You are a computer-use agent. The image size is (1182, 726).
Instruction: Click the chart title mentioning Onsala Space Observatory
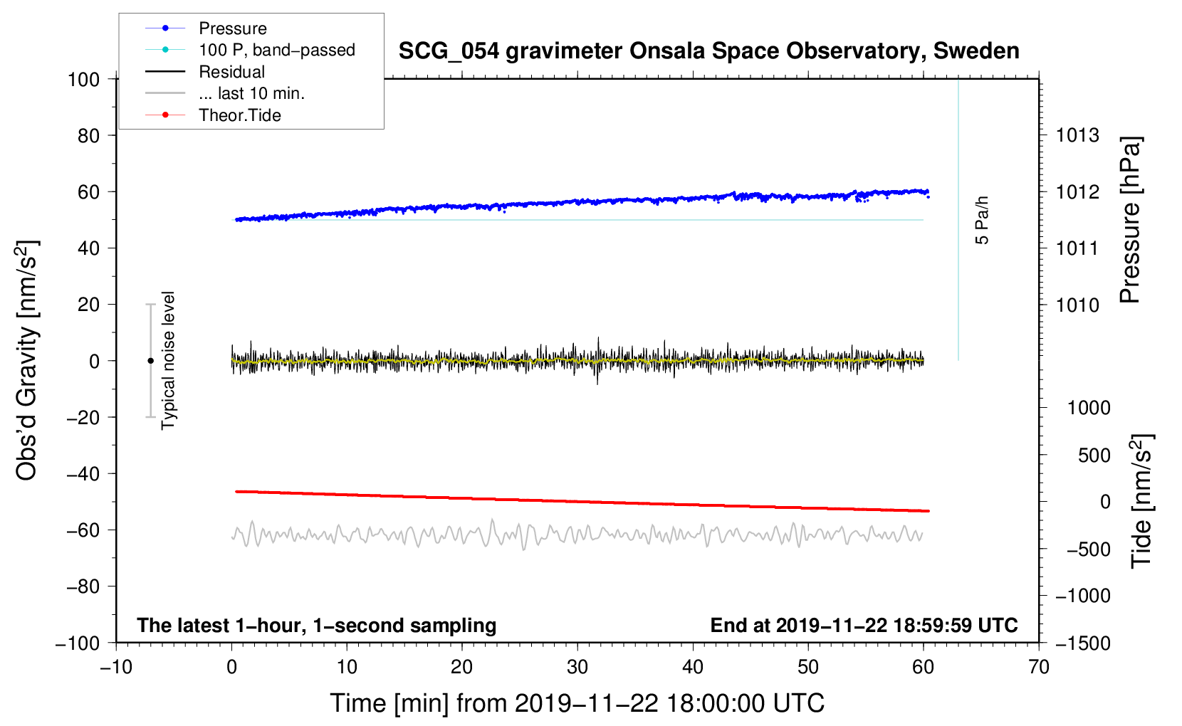pyautogui.click(x=708, y=51)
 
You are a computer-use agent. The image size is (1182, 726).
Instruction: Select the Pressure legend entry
pyautogui.click(x=232, y=28)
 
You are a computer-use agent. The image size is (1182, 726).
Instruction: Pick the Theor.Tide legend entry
pyautogui.click(x=239, y=115)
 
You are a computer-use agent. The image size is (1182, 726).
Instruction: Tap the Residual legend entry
pyautogui.click(x=231, y=72)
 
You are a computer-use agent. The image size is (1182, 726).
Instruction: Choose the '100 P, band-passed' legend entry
pyautogui.click(x=276, y=50)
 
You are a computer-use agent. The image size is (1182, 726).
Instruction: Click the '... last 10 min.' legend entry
pyautogui.click(x=251, y=93)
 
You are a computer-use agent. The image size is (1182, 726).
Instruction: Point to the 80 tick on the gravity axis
pyautogui.click(x=88, y=135)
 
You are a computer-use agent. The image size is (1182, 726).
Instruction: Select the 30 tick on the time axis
pyautogui.click(x=577, y=667)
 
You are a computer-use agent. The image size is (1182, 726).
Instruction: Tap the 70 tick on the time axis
pyautogui.click(x=1039, y=667)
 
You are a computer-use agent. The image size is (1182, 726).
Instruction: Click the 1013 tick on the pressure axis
pyautogui.click(x=1077, y=135)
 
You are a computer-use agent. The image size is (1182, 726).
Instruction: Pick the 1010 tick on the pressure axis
pyautogui.click(x=1077, y=305)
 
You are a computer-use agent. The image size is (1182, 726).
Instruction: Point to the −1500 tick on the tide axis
pyautogui.click(x=1082, y=643)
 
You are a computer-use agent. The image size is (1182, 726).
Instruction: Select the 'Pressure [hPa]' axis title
pyautogui.click(x=1130, y=221)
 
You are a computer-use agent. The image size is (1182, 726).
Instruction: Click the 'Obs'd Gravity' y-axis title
pyautogui.click(x=27, y=361)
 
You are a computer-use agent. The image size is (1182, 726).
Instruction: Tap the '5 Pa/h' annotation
pyautogui.click(x=982, y=220)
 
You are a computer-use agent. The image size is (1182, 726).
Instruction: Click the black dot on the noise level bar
pyautogui.click(x=150, y=361)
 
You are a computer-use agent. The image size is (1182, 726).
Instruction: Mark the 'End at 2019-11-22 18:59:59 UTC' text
pyautogui.click(x=864, y=625)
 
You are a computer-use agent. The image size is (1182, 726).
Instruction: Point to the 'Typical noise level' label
pyautogui.click(x=168, y=360)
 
